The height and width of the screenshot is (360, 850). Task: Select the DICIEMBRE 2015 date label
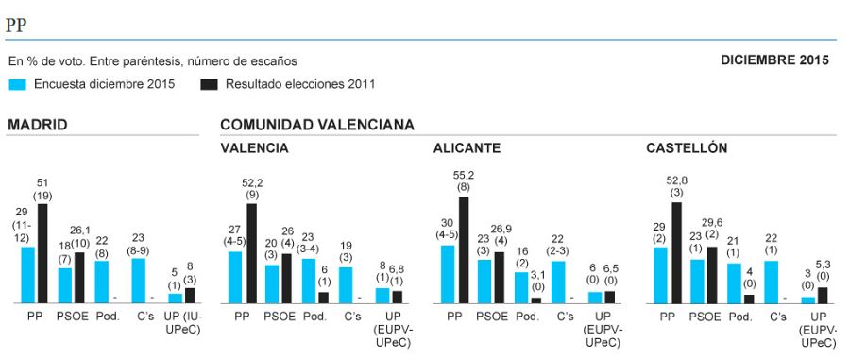[774, 60]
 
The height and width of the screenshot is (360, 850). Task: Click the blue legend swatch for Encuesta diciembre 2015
[17, 84]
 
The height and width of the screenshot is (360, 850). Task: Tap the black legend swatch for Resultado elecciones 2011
[209, 84]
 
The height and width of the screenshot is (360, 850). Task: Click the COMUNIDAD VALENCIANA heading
[316, 125]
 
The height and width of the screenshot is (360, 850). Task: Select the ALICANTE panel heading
[467, 148]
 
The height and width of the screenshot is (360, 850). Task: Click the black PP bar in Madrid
[42, 252]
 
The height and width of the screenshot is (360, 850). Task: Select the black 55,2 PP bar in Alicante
[464, 249]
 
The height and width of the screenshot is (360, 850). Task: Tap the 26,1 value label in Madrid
[80, 230]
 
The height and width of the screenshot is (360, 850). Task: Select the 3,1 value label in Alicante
[536, 275]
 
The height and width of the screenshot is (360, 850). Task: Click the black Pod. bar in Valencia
[324, 297]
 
